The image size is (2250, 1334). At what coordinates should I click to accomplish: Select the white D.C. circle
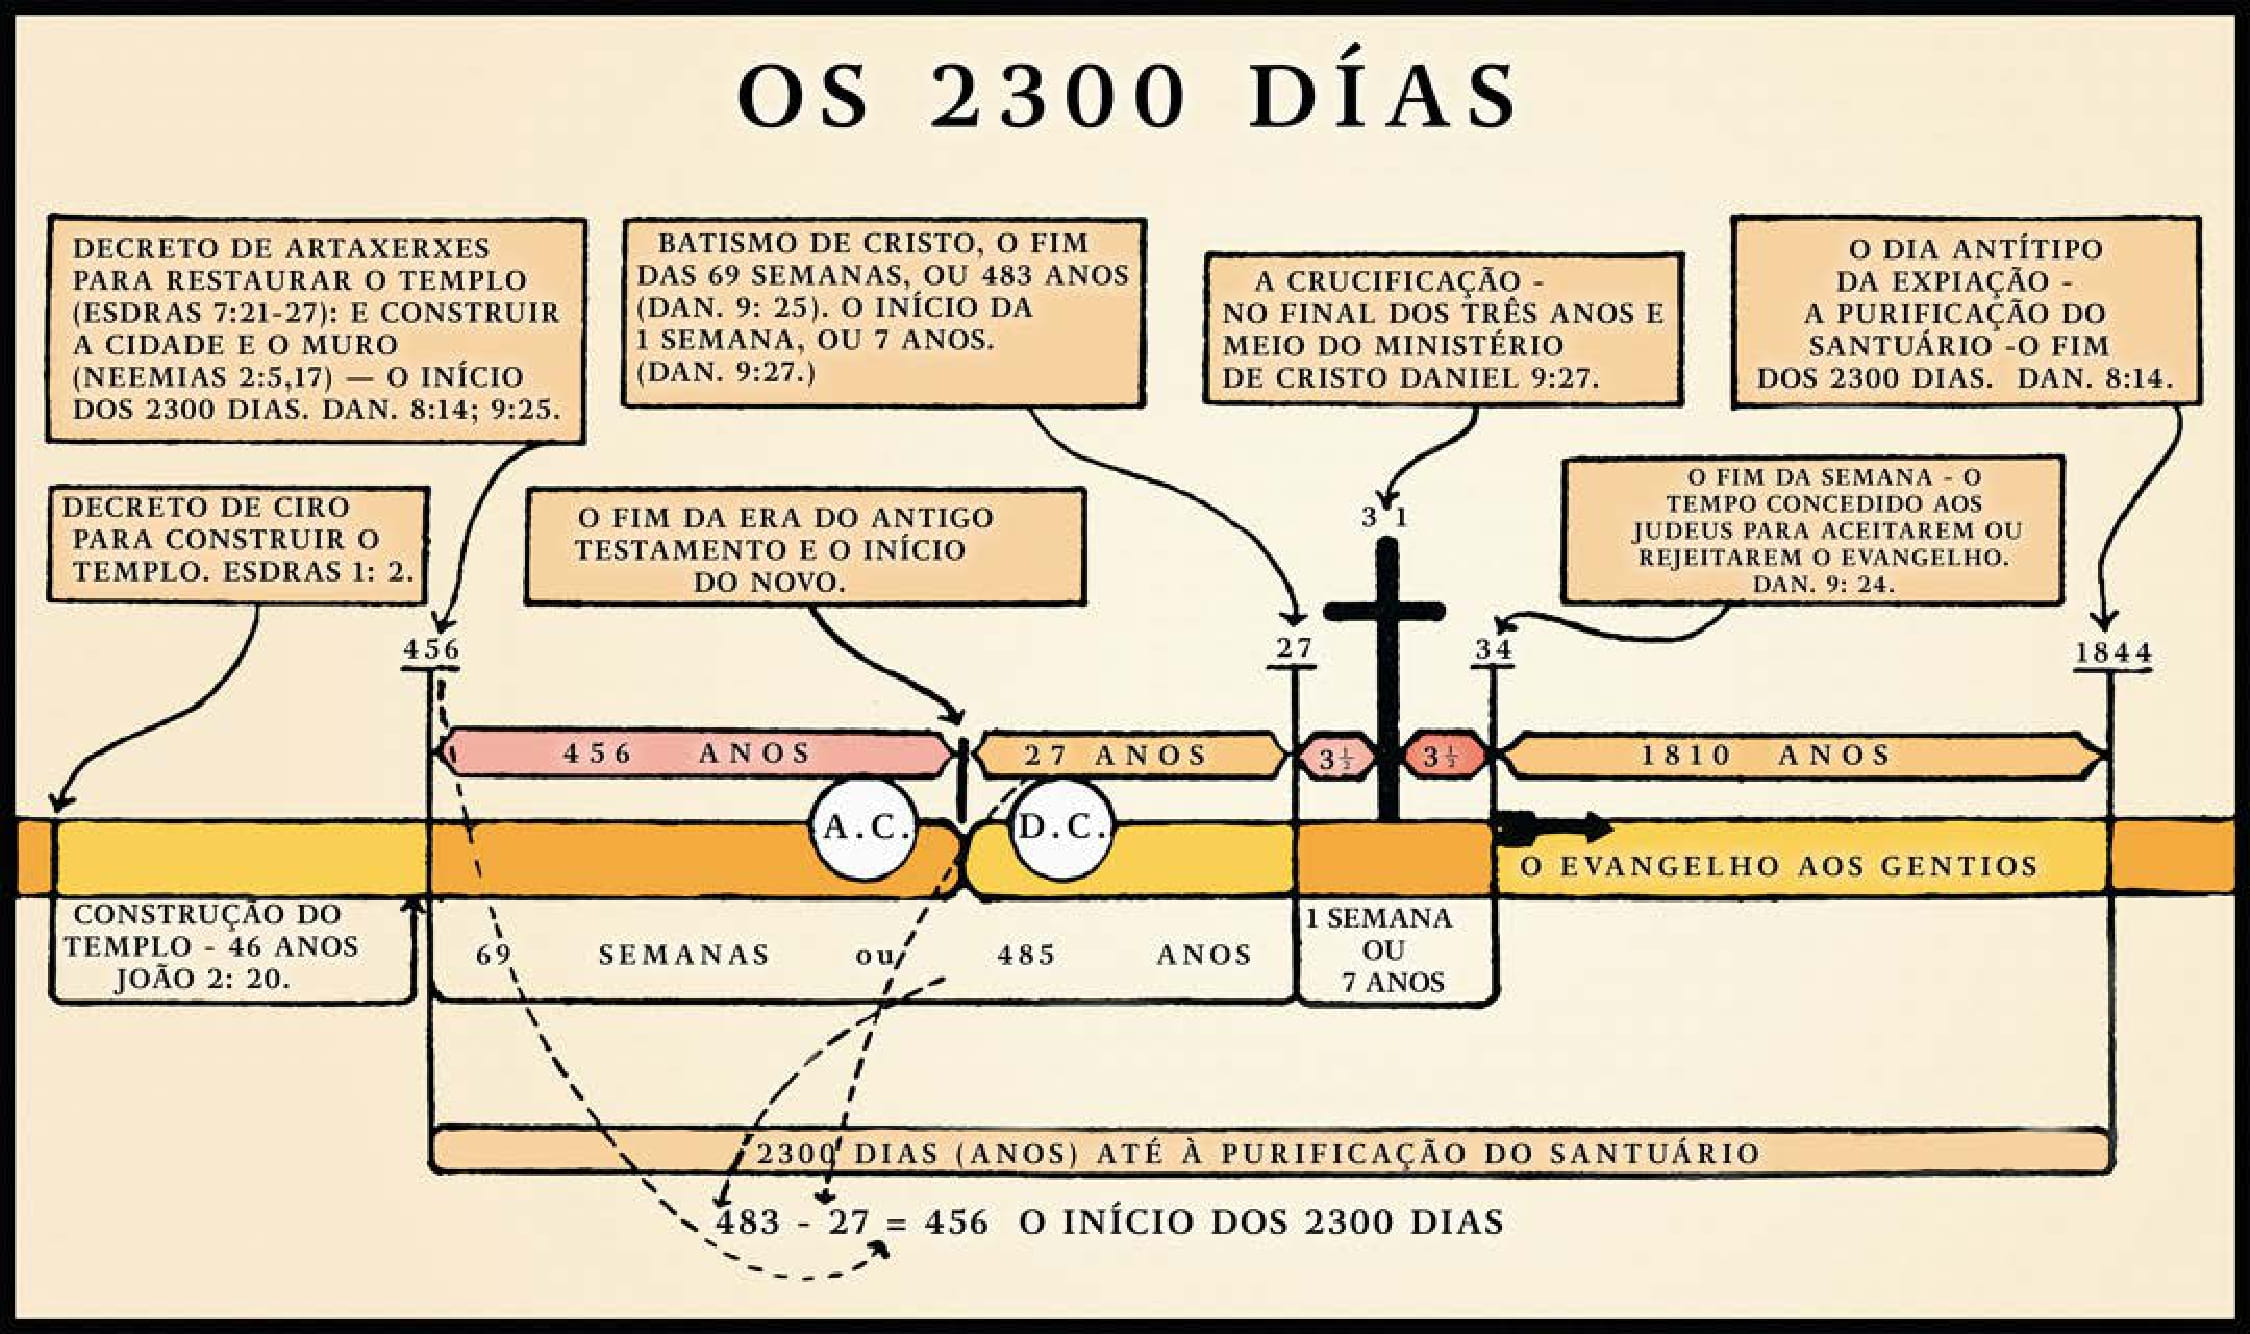[1062, 829]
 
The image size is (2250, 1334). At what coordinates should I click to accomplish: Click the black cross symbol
[1386, 650]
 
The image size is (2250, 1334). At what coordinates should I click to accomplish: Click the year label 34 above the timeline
[1494, 649]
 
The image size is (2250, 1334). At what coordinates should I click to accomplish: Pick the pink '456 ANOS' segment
[690, 753]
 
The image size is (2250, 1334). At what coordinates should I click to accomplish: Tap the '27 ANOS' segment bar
[1125, 755]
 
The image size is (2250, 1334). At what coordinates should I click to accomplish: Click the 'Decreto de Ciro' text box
[238, 543]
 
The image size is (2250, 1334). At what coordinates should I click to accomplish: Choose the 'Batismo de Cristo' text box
[883, 312]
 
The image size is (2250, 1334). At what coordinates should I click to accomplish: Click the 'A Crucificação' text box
[1441, 329]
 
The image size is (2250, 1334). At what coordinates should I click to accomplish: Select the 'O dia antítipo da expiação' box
[1965, 312]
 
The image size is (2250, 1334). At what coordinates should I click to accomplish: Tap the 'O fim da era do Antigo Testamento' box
[804, 547]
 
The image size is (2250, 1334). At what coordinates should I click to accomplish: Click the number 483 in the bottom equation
[748, 1222]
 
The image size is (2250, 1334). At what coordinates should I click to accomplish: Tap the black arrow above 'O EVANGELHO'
[1555, 828]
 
